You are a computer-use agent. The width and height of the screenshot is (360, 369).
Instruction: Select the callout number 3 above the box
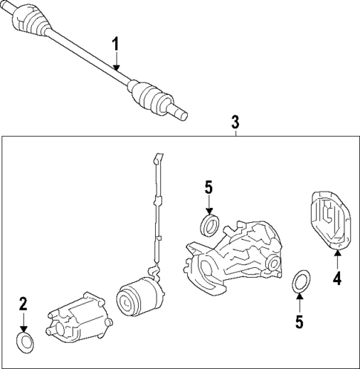click(235, 120)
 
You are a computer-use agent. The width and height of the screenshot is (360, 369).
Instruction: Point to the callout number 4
click(336, 279)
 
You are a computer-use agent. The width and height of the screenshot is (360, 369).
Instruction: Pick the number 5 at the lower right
click(299, 321)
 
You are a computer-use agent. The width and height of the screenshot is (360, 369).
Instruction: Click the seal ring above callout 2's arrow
click(24, 342)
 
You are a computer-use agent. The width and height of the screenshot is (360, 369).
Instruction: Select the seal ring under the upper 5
click(210, 224)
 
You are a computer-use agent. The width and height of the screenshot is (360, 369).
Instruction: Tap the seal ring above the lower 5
click(300, 281)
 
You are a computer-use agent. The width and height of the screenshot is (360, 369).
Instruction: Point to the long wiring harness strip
click(157, 215)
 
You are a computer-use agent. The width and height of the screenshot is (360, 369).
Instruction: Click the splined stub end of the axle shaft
click(179, 112)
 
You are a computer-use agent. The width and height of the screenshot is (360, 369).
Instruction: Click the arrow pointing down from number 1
click(116, 62)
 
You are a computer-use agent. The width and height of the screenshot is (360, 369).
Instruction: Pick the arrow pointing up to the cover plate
click(336, 261)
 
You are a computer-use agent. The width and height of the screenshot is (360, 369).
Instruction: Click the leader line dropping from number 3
click(235, 132)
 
